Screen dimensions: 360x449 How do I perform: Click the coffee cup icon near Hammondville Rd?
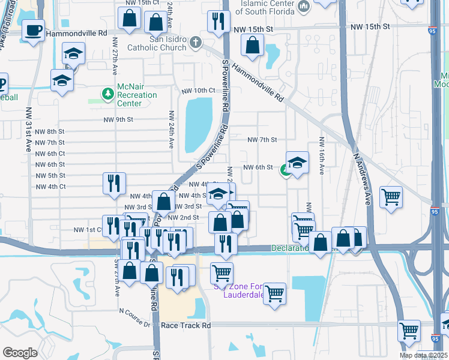pyautogui.click(x=33, y=29)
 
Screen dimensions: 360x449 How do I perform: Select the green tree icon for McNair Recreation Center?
pyautogui.click(x=108, y=93)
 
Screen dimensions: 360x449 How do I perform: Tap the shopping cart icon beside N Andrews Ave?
pyautogui.click(x=391, y=196)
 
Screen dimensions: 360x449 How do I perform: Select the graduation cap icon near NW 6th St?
pyautogui.click(x=297, y=162)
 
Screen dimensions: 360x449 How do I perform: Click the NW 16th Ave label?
pyautogui.click(x=322, y=157)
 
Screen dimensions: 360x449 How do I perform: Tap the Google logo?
pyautogui.click(x=20, y=352)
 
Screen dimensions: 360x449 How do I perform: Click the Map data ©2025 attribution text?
pyautogui.click(x=423, y=355)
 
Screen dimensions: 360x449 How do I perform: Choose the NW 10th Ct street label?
pyautogui.click(x=197, y=91)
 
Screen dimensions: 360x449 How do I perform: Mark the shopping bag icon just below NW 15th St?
pyautogui.click(x=253, y=44)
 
